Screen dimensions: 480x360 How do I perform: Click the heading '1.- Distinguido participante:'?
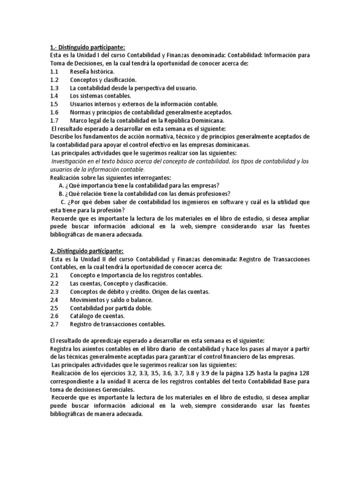tap(87, 47)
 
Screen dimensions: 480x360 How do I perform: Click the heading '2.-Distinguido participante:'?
tap(86, 251)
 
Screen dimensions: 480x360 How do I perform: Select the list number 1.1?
tap(53, 72)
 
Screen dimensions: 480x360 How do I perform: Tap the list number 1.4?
tap(53, 96)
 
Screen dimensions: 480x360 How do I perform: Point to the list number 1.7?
tap(53, 120)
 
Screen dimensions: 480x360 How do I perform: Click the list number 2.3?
tap(53, 292)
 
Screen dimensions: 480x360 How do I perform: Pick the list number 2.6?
tap(53, 316)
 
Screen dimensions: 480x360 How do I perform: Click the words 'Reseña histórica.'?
tap(91, 72)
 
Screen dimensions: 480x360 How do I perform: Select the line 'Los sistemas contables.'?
tap(101, 96)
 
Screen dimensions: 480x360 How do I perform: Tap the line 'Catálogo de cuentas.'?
tap(97, 316)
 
